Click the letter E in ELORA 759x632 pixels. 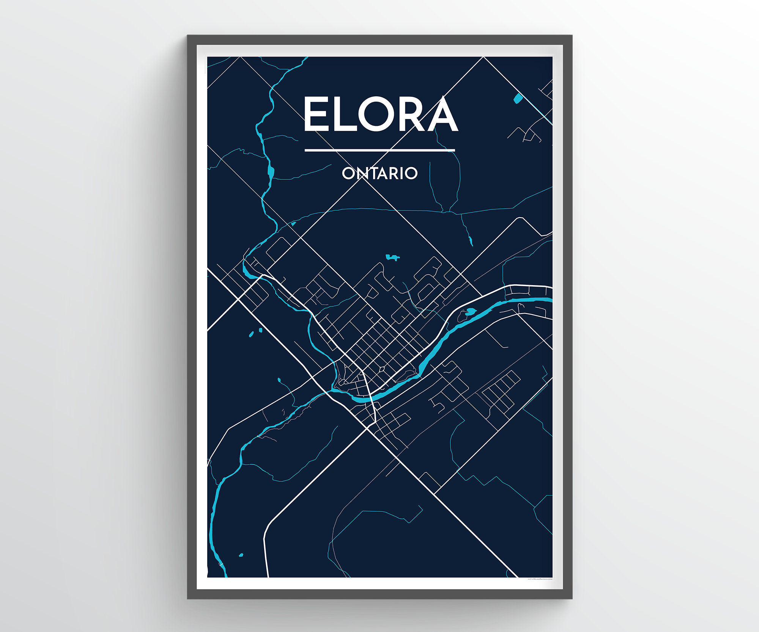coord(316,114)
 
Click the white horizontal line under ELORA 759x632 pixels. coord(379,150)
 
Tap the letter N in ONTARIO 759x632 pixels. coord(362,173)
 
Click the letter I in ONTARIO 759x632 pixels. coord(402,173)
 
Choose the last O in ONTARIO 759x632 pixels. coord(411,173)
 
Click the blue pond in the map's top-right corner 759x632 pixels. coord(518,99)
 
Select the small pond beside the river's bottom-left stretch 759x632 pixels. coord(241,555)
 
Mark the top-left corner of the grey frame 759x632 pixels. coord(188,36)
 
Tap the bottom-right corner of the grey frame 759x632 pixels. coord(571,598)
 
